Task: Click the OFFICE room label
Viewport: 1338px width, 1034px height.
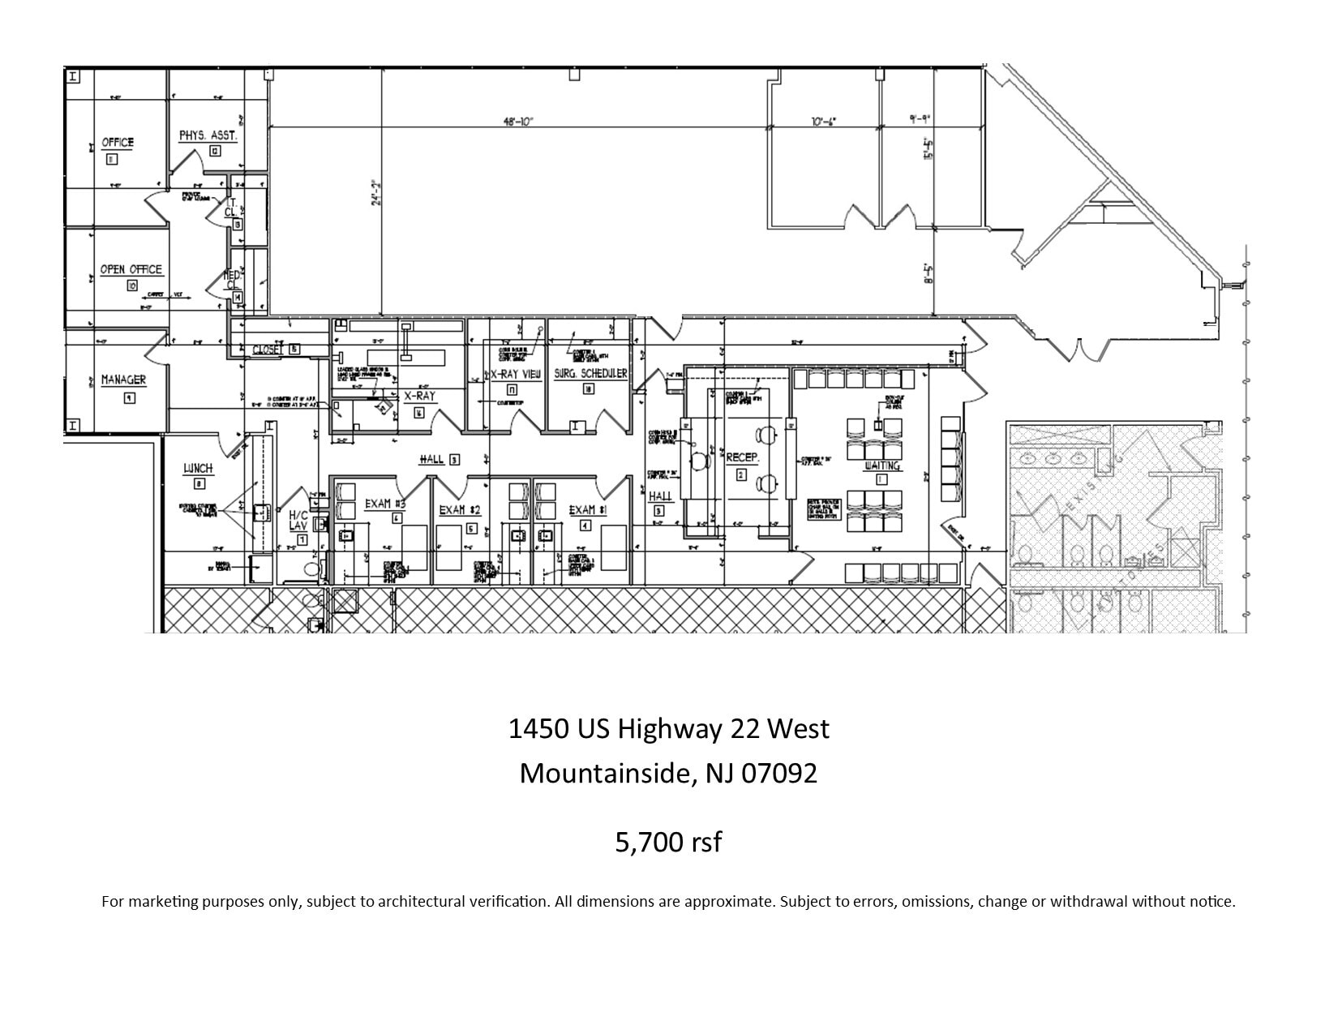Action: click(x=118, y=143)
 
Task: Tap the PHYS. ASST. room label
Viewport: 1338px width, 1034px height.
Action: click(x=208, y=135)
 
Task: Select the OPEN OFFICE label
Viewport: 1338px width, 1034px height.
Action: click(x=131, y=269)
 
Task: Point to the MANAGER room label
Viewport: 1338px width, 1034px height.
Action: click(x=123, y=380)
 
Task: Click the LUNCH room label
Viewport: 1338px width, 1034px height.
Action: click(x=198, y=469)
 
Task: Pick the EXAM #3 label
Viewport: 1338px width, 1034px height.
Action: click(x=385, y=504)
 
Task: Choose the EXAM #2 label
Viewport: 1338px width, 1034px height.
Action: click(x=460, y=510)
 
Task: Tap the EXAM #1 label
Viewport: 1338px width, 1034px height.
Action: click(x=588, y=510)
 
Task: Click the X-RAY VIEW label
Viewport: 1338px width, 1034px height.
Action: click(x=514, y=375)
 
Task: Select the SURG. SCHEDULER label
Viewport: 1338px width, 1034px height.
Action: click(x=590, y=374)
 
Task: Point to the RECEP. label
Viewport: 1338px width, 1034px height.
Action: click(x=742, y=458)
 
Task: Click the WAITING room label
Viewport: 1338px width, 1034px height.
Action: click(x=881, y=466)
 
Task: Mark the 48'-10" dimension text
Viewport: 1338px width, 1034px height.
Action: click(x=518, y=122)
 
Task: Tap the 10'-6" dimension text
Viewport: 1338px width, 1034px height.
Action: click(x=823, y=122)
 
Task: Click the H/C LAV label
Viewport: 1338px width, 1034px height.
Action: click(x=298, y=520)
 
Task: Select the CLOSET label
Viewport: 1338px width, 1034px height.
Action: click(x=268, y=350)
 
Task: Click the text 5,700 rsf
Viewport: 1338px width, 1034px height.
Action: click(x=668, y=843)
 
